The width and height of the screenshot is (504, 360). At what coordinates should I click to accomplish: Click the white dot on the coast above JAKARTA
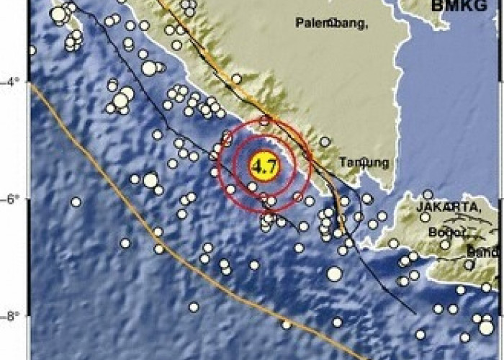click(x=428, y=194)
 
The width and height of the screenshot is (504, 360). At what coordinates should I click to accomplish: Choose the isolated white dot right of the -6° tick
click(x=76, y=202)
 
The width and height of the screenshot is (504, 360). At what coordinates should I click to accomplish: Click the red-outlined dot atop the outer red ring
click(x=266, y=120)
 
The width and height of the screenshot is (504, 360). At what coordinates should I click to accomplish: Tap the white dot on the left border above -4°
click(x=31, y=50)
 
